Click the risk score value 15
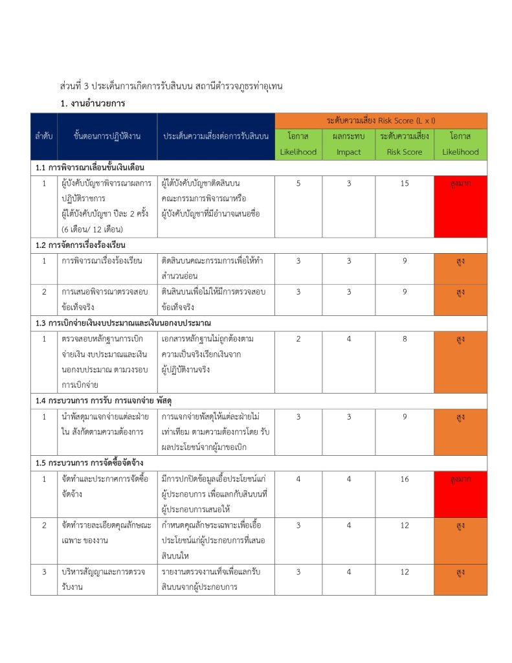(405, 183)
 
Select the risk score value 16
(405, 478)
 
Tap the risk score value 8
(405, 339)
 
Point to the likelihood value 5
(298, 183)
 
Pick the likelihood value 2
(298, 339)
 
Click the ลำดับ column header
(44, 137)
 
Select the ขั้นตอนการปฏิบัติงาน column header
(107, 137)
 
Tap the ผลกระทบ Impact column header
(348, 144)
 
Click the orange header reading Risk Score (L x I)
(381, 120)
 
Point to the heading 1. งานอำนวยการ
(93, 103)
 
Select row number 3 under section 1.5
(44, 572)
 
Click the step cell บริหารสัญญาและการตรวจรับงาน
(104, 579)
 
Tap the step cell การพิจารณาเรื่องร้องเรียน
(102, 261)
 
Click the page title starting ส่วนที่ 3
(172, 85)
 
